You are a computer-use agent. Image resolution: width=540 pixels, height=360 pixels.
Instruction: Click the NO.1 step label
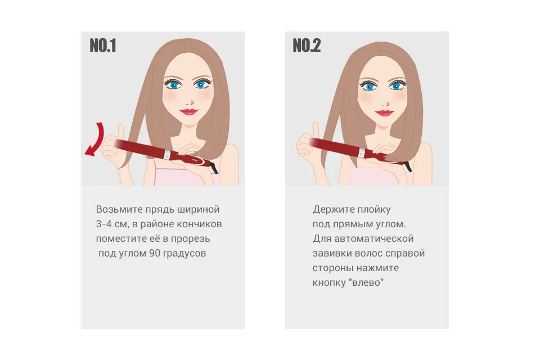[x=102, y=46]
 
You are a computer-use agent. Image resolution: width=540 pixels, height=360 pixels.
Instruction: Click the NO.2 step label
[x=307, y=46]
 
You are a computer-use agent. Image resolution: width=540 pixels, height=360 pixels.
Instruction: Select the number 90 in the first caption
[x=155, y=253]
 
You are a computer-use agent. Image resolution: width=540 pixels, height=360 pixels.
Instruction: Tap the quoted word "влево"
[x=366, y=282]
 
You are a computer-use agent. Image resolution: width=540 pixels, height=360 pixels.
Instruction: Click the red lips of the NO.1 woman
[x=188, y=111]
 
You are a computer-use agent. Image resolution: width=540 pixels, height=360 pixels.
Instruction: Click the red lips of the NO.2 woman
[x=384, y=112]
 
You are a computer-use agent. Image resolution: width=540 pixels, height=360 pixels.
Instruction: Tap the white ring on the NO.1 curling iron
[x=168, y=154]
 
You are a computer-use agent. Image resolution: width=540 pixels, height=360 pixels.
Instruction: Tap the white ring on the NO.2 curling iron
[x=362, y=152]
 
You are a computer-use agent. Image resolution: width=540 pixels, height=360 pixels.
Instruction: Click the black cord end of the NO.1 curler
[x=214, y=168]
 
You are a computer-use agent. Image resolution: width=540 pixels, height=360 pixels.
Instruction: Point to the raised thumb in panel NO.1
[x=120, y=131]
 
